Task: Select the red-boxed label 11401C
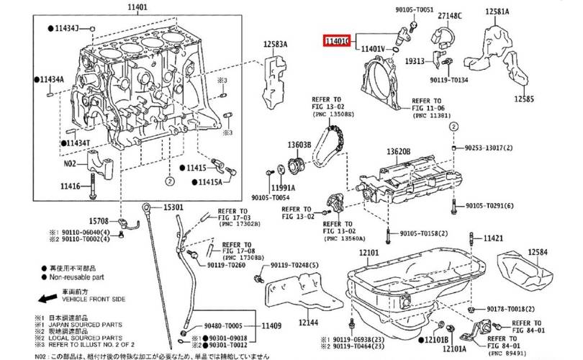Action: [x=337, y=42]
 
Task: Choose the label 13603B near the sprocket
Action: [x=299, y=145]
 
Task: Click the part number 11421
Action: [x=493, y=238]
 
